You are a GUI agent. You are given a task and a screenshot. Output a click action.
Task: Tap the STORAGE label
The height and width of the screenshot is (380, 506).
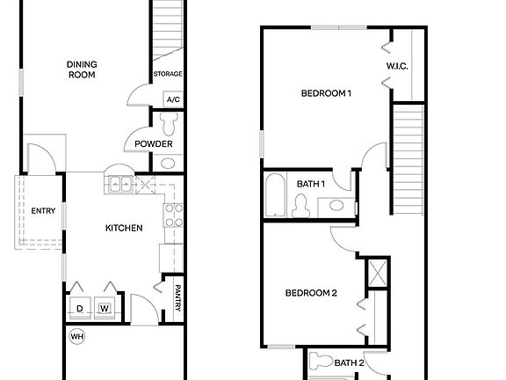pos(167,74)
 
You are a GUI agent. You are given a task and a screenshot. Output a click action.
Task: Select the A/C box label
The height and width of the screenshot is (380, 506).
pos(172,99)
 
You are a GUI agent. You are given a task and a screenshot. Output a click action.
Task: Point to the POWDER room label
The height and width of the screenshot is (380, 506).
pos(154,144)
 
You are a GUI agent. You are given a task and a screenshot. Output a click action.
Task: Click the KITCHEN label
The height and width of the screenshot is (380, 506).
pos(124,228)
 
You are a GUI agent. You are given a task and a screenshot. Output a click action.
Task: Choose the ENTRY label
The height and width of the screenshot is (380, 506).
pos(43,211)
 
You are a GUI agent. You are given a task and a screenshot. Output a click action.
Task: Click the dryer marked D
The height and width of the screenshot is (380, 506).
pos(79,308)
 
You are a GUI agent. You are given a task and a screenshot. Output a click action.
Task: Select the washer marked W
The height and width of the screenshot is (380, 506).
pos(105,308)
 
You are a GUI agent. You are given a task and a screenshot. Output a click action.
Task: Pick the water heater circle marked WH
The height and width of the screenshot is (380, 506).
pos(76,336)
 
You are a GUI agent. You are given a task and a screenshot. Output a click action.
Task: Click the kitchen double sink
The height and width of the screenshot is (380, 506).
pos(120,185)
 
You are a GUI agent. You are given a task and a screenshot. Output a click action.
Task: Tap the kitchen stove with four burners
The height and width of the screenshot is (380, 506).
pos(173,215)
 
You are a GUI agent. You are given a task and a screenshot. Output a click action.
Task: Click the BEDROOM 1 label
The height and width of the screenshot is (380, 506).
pos(326,93)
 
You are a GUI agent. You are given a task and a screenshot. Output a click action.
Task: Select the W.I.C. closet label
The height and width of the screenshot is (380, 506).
pos(397,67)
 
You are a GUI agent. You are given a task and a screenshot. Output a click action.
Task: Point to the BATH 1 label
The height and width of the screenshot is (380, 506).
pos(310,184)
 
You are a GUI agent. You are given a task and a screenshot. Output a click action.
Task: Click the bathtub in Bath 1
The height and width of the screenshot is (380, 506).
pos(274,195)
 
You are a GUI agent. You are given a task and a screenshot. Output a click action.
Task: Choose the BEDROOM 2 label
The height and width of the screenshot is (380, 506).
pos(312,293)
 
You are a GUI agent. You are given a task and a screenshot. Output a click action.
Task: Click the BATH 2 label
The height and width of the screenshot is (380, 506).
pos(349,362)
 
